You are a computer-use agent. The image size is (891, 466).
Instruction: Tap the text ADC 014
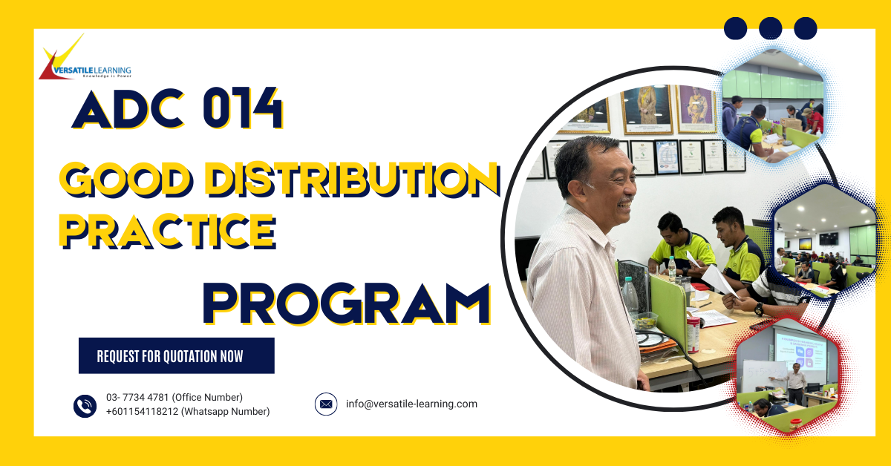(177, 110)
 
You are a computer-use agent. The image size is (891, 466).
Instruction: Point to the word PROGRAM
(347, 304)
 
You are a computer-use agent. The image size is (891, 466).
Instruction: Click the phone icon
(85, 406)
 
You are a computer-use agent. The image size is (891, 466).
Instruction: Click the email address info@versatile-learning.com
(411, 404)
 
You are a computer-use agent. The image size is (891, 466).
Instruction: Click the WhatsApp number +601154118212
(143, 412)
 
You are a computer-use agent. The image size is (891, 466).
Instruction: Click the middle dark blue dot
(771, 28)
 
